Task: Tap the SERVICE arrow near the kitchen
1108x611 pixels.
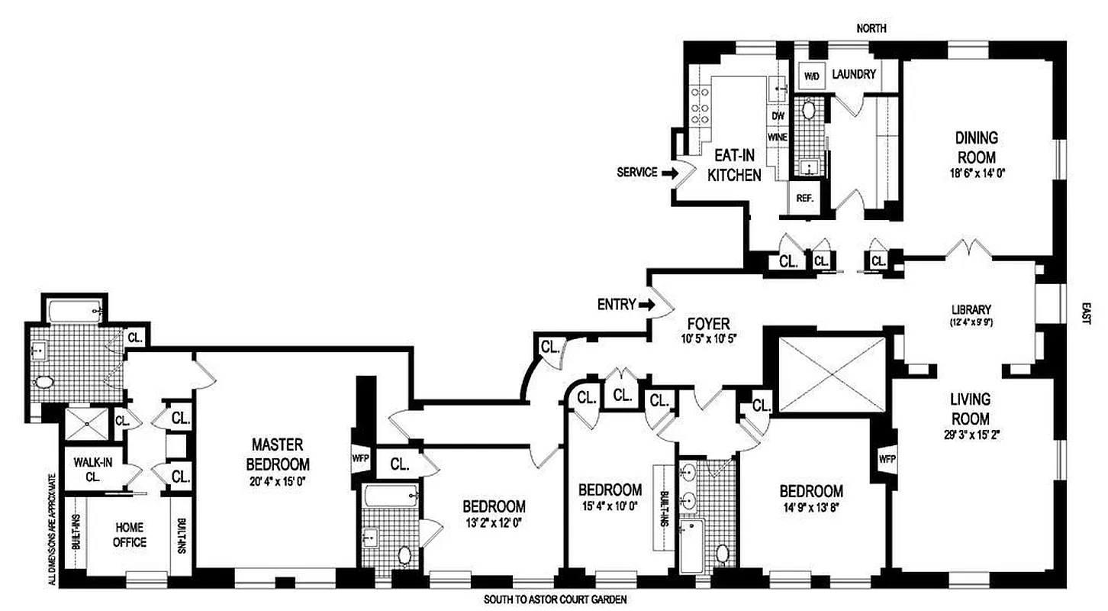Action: click(669, 173)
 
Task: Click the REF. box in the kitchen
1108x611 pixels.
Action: click(803, 196)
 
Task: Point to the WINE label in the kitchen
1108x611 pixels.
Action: click(778, 137)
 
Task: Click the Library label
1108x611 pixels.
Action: click(970, 309)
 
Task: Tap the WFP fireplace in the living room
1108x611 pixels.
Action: click(887, 460)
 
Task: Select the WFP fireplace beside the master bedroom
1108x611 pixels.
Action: click(359, 459)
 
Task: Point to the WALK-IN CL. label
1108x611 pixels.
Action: click(89, 469)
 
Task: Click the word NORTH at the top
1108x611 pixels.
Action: click(871, 28)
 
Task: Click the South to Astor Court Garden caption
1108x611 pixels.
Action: click(555, 600)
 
